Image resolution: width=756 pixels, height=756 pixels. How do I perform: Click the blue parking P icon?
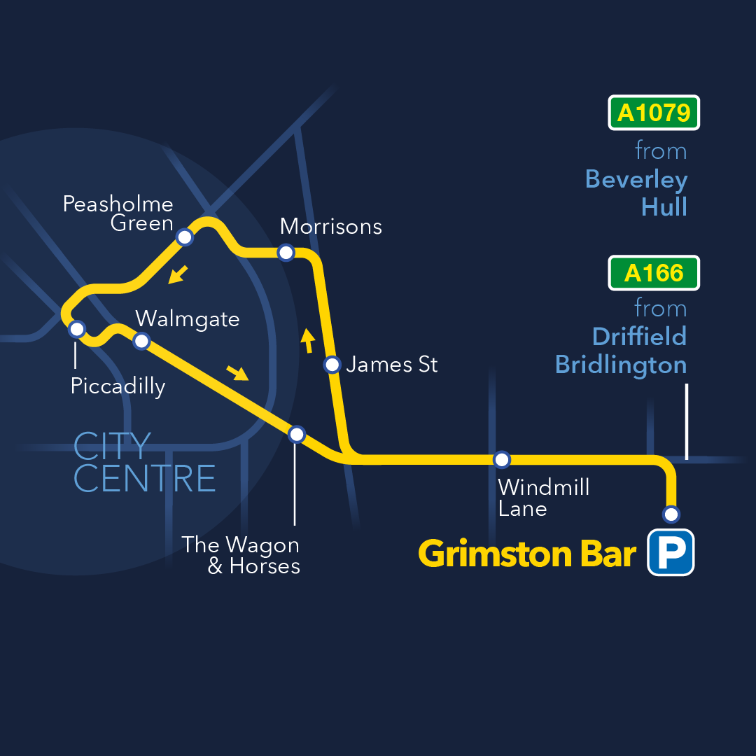pos(670,552)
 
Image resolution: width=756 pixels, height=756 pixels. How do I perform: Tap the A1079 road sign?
pos(654,113)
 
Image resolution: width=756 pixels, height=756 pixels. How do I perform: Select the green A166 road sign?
pos(654,273)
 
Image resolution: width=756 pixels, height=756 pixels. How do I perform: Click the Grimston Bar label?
pos(527,554)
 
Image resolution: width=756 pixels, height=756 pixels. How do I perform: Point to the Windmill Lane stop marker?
pos(502,460)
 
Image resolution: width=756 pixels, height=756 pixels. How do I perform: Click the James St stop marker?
pos(332,365)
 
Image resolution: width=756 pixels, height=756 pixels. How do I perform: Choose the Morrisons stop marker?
pos(286,253)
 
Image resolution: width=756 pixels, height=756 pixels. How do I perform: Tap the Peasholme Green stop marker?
pos(184,237)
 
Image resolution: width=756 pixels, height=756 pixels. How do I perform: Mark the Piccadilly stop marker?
pos(77,328)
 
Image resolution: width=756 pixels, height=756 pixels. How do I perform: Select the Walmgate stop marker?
pos(141,341)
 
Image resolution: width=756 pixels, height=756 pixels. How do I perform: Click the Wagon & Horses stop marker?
pos(297,434)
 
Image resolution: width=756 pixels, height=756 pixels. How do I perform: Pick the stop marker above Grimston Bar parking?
pos(671,514)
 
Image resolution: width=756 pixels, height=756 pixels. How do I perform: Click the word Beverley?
pos(636,180)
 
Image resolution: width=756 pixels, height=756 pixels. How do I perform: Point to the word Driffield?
pos(639,337)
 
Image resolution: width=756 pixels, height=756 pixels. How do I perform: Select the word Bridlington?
pos(620,365)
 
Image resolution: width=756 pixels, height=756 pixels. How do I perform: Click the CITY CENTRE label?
pos(144,463)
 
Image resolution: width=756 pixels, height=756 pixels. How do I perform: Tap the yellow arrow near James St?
pos(307,341)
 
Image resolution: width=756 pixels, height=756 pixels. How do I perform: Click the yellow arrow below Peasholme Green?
pos(178,274)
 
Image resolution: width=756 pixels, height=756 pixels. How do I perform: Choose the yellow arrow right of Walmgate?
pos(238,372)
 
